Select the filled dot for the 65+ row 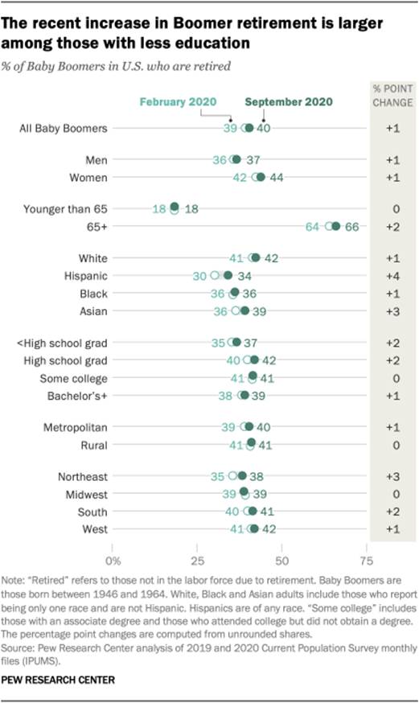tap(336, 226)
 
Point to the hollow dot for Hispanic tap(215, 275)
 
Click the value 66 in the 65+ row tap(351, 227)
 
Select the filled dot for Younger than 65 tap(175, 208)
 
